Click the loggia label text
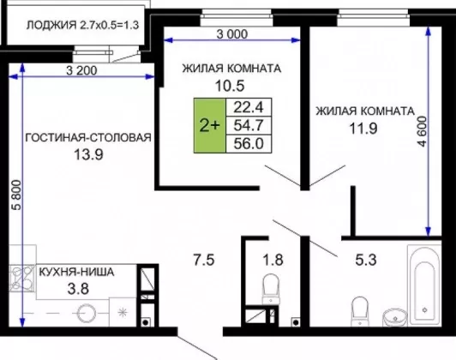pos(82,25)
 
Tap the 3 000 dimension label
pos(232,34)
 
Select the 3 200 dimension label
pos(81,70)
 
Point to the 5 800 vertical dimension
pos(16,195)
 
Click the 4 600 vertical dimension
pos(423,131)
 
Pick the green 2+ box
pos(210,125)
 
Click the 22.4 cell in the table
pos(249,108)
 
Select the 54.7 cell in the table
pos(249,126)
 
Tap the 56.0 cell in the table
pos(249,144)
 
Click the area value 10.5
pos(230,86)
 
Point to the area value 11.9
pos(363,129)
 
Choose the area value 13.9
pos(88,154)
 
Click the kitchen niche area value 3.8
pos(78,289)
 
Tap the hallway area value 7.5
pos(204,260)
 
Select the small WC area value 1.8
pos(273,260)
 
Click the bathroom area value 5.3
pos(366,260)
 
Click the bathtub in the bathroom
pos(424,286)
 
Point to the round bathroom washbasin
pos(395,316)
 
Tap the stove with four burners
pos(21,278)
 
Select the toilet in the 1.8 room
pos(271,289)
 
